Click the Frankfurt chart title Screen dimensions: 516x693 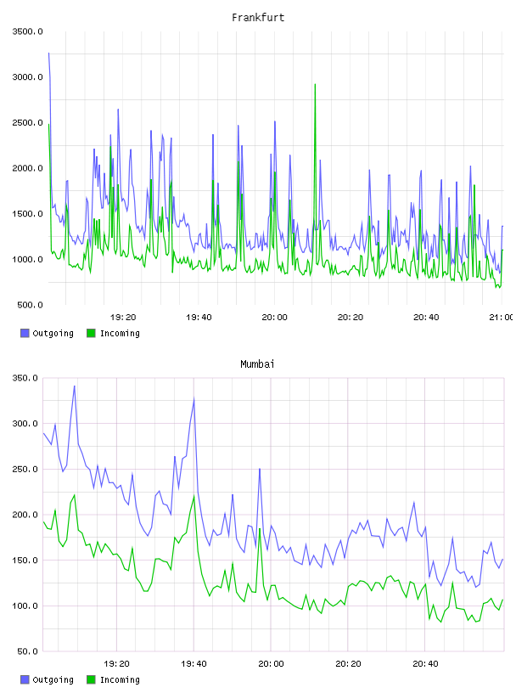pyautogui.click(x=258, y=18)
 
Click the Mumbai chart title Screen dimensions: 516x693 pyautogui.click(x=257, y=364)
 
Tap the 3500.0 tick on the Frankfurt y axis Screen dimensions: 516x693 pyautogui.click(x=27, y=31)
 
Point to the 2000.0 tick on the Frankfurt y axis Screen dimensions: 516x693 pyautogui.click(x=27, y=168)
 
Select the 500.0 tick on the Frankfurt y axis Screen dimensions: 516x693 pyautogui.click(x=30, y=305)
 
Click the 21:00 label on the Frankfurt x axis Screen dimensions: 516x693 pyautogui.click(x=501, y=318)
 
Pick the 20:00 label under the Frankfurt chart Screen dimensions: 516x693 pyautogui.click(x=274, y=318)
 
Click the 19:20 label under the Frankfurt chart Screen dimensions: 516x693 pyautogui.click(x=123, y=318)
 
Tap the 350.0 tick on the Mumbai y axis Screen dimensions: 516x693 pyautogui.click(x=25, y=378)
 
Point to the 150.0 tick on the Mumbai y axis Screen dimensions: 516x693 pyautogui.click(x=25, y=561)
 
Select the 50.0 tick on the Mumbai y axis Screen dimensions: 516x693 pyautogui.click(x=28, y=651)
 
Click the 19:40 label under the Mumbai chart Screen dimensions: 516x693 pyautogui.click(x=193, y=664)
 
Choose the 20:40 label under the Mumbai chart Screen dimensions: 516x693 pyautogui.click(x=425, y=664)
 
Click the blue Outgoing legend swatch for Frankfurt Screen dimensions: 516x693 pyautogui.click(x=25, y=333)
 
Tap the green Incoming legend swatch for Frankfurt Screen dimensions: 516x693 pyautogui.click(x=91, y=333)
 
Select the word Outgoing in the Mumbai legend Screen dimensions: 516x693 pyautogui.click(x=53, y=679)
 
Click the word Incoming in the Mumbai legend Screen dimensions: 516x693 pyautogui.click(x=120, y=679)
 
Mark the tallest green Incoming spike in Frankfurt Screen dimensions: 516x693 pyautogui.click(x=315, y=84)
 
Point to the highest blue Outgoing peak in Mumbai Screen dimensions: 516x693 pyautogui.click(x=74, y=386)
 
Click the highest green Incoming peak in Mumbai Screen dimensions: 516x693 pyautogui.click(x=74, y=495)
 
